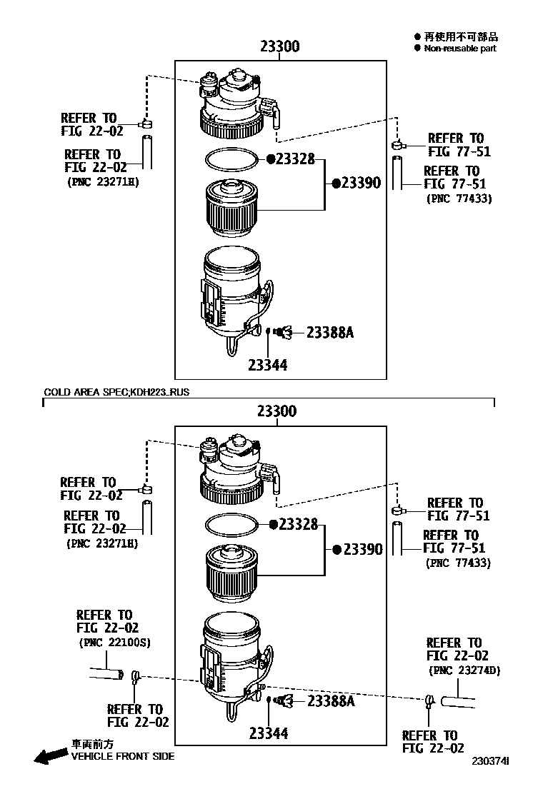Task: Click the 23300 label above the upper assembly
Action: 279,47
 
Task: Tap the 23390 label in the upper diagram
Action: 361,183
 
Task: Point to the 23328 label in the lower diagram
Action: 298,525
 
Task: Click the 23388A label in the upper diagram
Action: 331,332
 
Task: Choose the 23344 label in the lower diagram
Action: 269,733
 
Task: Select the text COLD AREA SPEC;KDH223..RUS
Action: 116,392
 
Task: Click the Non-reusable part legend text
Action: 459,49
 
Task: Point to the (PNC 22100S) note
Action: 114,643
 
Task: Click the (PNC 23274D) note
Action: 464,670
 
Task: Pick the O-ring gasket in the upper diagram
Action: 231,159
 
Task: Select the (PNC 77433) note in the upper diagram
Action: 459,198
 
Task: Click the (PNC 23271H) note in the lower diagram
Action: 101,543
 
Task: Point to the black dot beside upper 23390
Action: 335,183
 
